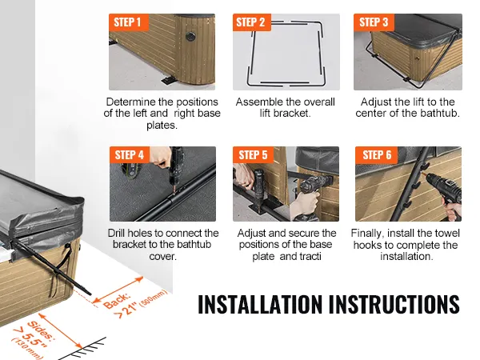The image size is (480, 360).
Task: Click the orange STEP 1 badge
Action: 129,22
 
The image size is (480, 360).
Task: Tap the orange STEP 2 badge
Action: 252,22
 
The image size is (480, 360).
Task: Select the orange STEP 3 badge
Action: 374,22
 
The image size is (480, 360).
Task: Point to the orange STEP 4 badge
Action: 129,154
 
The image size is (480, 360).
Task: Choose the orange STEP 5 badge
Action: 253,154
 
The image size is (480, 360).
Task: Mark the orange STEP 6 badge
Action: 377,154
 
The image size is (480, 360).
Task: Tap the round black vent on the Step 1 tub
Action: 190,36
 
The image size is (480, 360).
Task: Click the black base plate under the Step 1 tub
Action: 168,80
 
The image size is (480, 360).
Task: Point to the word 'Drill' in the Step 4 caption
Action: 116,234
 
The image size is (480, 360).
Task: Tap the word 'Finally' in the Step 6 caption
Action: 367,234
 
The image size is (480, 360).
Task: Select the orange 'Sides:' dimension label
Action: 41,330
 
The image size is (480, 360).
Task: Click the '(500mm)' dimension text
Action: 154,298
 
